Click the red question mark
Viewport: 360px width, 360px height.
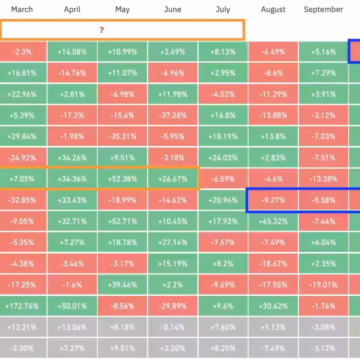(x=101, y=30)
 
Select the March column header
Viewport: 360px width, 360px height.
(x=22, y=10)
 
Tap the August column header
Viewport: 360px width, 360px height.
(x=273, y=10)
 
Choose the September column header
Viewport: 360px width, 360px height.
(x=323, y=10)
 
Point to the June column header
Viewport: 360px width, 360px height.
(x=172, y=10)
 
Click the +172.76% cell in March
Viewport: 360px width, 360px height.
(x=22, y=306)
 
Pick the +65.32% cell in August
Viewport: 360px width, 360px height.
(x=273, y=221)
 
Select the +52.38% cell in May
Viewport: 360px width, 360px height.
(x=122, y=179)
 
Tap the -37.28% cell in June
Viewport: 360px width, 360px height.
(x=172, y=115)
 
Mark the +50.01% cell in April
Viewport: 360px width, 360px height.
(x=72, y=306)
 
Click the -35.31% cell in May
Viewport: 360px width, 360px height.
(x=122, y=136)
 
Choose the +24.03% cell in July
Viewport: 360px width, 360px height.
(x=223, y=158)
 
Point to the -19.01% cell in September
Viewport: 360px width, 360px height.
(x=323, y=285)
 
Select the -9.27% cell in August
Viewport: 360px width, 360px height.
(x=273, y=200)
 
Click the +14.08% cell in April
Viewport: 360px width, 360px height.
(x=72, y=52)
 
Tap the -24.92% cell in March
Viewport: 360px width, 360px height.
(x=22, y=158)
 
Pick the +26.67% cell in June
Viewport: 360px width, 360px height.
(x=172, y=179)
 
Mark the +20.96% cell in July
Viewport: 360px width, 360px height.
(x=223, y=200)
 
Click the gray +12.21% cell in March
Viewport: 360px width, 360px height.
(x=22, y=327)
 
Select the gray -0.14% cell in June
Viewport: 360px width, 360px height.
(x=172, y=327)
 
